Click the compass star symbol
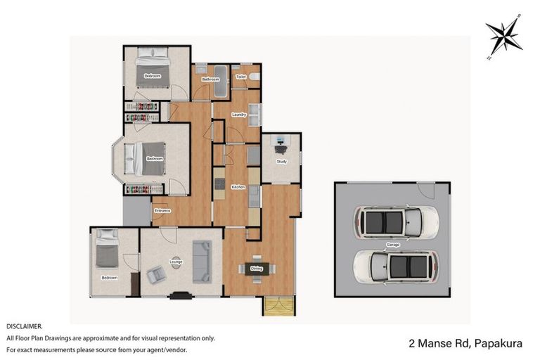503,37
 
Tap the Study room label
281,162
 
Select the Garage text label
392,244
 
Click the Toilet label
240,76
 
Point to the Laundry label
238,115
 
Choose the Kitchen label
237,186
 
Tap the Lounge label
176,262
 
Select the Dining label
256,268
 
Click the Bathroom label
211,79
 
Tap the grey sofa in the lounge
202,260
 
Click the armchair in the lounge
155,275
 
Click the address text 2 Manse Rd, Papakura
465,344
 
